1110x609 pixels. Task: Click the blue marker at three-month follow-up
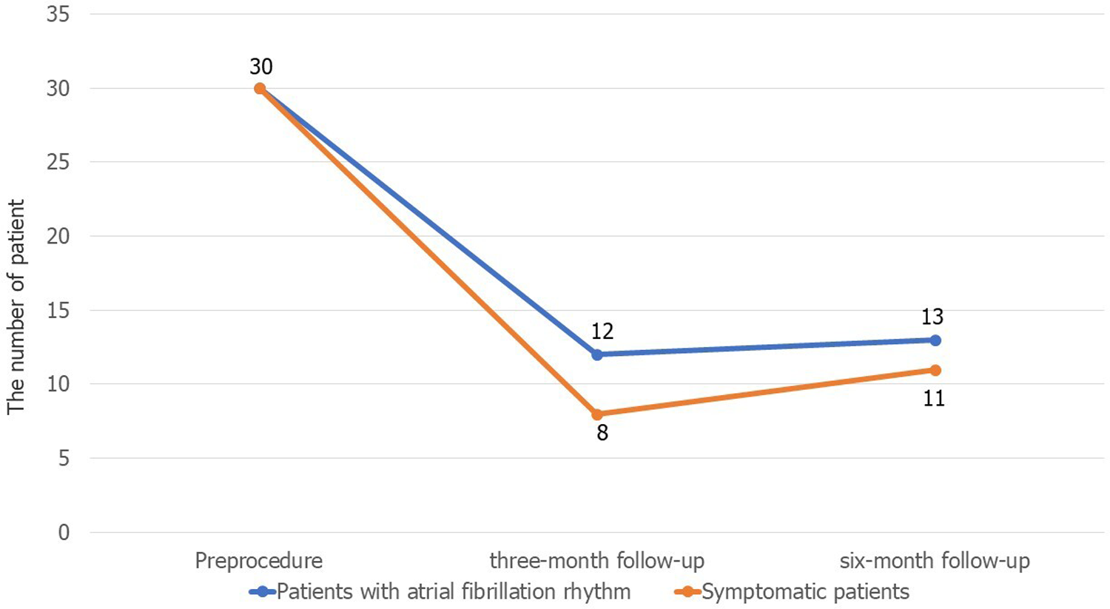tap(597, 354)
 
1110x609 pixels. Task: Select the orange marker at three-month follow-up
tap(597, 414)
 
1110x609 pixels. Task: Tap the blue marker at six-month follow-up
tap(935, 340)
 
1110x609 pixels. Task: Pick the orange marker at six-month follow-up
tap(935, 370)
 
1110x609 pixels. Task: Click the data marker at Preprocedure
tap(260, 88)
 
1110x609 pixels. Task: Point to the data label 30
tap(260, 67)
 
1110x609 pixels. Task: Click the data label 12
tap(602, 331)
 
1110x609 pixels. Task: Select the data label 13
tap(932, 317)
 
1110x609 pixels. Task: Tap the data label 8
tap(602, 434)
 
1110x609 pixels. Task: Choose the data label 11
tap(934, 399)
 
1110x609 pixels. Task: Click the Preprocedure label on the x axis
tap(259, 561)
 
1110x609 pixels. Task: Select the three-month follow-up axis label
tap(597, 561)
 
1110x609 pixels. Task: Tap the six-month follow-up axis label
tap(935, 561)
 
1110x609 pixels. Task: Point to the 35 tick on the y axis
tap(58, 14)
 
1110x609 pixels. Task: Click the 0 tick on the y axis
tap(64, 532)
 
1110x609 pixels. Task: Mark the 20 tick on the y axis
tap(58, 236)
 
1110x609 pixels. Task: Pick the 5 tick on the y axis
tap(64, 458)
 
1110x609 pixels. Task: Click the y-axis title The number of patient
tap(16, 306)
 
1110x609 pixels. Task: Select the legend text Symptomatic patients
tap(805, 592)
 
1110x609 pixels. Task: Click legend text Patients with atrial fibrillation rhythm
tap(454, 592)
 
